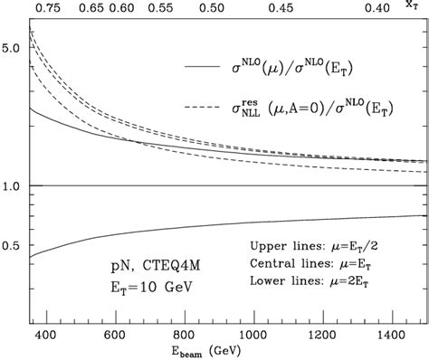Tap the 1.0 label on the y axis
click(x=12, y=186)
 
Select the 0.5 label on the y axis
click(x=12, y=246)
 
